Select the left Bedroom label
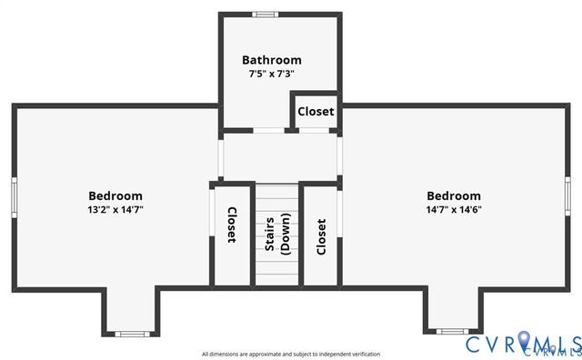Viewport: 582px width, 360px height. (x=115, y=195)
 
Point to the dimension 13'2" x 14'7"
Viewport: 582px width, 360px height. (x=115, y=209)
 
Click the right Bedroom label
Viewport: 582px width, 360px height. (x=454, y=195)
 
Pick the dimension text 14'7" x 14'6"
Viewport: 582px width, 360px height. (x=454, y=209)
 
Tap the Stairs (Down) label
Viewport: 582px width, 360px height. (x=277, y=234)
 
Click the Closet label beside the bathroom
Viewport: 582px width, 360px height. (x=316, y=112)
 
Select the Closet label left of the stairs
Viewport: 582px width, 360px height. (x=232, y=225)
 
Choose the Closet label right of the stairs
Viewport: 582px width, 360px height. (x=321, y=236)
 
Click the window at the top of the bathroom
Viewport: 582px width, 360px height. (x=265, y=14)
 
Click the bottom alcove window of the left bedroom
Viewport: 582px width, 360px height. (x=132, y=334)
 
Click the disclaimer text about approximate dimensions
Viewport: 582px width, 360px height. (x=291, y=354)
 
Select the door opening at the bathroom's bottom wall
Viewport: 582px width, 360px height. (x=266, y=130)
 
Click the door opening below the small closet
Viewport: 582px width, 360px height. (x=315, y=130)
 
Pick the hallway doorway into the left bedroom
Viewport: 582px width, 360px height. (x=220, y=155)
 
